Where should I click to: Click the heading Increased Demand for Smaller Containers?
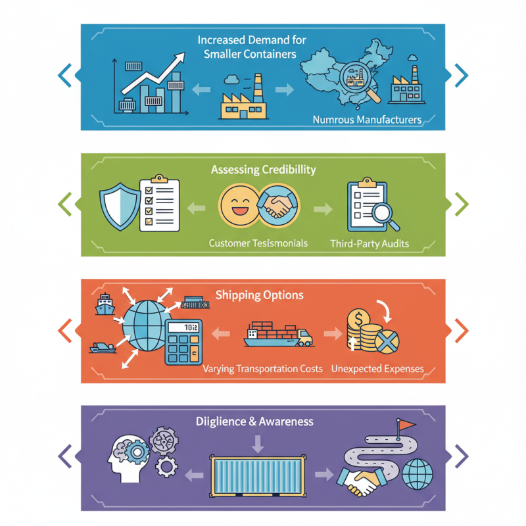click(x=252, y=47)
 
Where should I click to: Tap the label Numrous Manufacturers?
click(x=367, y=120)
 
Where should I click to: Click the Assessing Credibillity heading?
click(x=264, y=170)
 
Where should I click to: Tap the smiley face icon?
click(x=239, y=205)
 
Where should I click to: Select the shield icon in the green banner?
click(x=120, y=206)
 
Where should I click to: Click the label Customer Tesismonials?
click(x=258, y=243)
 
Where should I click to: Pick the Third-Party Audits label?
click(x=370, y=243)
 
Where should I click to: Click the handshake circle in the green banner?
click(x=279, y=205)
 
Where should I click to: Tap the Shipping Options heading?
click(x=259, y=295)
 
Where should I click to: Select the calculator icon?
click(x=183, y=342)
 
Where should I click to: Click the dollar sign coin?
click(x=358, y=319)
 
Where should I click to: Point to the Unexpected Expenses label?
click(x=377, y=369)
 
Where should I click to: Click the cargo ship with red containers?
click(x=278, y=334)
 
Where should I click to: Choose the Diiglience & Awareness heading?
click(x=254, y=421)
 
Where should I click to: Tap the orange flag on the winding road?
click(x=406, y=425)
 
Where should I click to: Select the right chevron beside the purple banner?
click(x=462, y=456)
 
